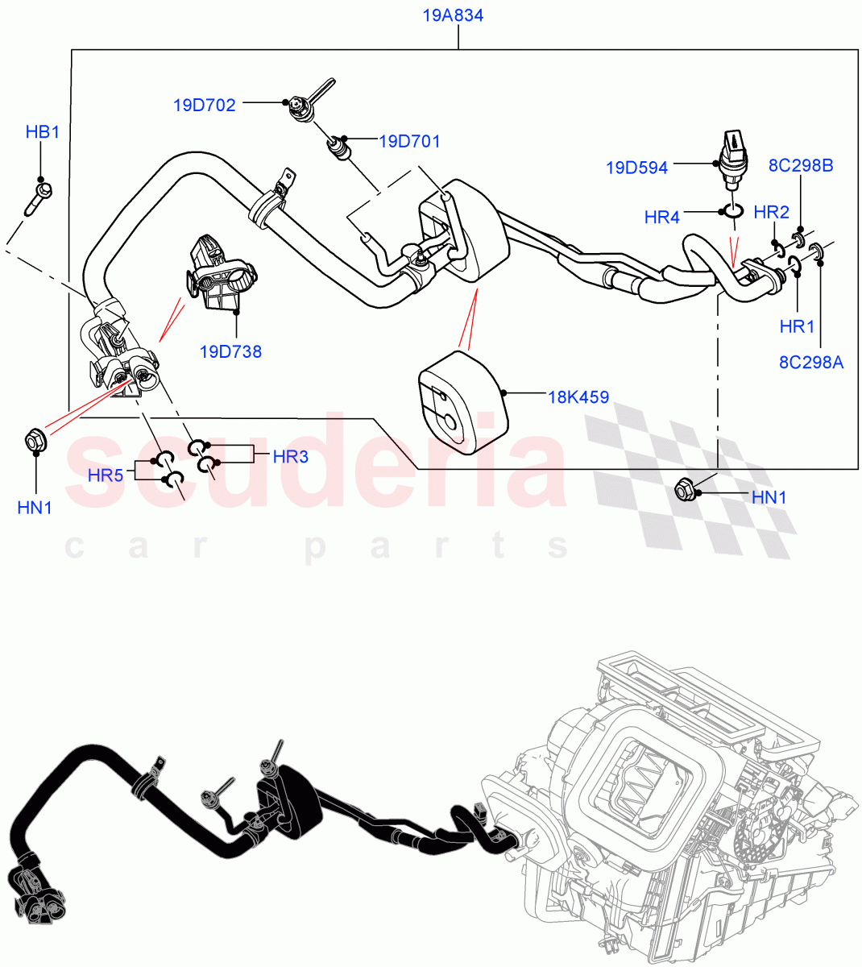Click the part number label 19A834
tap(453, 15)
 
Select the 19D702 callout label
tap(204, 105)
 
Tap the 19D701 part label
tap(409, 142)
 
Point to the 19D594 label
tap(636, 168)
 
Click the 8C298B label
tap(800, 166)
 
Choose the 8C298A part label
tap(811, 362)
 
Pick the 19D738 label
tap(230, 351)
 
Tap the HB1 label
tap(43, 132)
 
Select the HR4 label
tap(662, 217)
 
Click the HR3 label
tap(291, 457)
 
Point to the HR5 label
tap(106, 475)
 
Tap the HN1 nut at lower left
tap(35, 440)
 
